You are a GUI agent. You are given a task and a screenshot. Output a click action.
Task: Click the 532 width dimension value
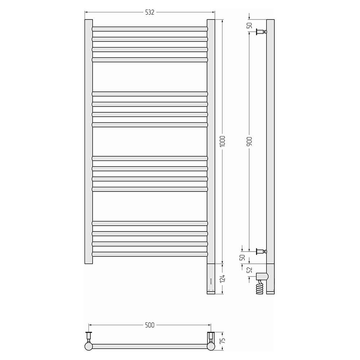point(150,12)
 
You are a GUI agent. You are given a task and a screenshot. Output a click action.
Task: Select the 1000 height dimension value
point(222,141)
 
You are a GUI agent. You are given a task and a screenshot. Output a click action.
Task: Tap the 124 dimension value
point(222,279)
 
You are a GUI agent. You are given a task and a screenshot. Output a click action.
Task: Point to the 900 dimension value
point(249,141)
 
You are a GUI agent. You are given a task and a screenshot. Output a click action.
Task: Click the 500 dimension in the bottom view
point(150,325)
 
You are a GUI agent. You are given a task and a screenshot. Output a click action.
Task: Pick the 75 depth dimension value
point(222,341)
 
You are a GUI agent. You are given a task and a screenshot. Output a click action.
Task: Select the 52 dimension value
point(249,270)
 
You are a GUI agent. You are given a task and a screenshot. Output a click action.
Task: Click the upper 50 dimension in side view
point(249,26)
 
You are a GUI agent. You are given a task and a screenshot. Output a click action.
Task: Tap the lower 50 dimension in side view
point(242,258)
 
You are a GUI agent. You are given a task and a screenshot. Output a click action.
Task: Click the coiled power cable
point(260,287)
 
